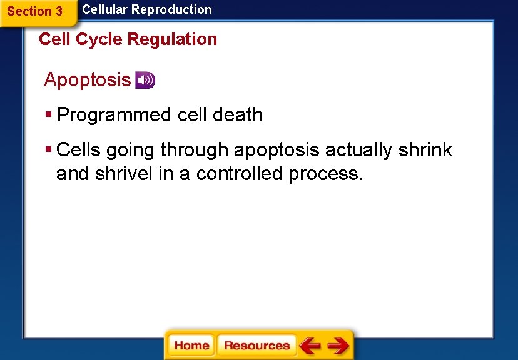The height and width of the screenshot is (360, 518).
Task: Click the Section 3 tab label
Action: [35, 11]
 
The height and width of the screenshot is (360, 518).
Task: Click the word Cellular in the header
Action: [104, 9]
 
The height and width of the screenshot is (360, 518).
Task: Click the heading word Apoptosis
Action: [87, 80]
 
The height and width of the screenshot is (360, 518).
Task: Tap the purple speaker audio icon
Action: [145, 80]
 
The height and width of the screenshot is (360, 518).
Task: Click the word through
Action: [195, 150]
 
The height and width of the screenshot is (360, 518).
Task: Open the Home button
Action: [191, 346]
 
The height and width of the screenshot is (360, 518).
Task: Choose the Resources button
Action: [256, 346]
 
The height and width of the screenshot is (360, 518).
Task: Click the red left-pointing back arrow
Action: [310, 346]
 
